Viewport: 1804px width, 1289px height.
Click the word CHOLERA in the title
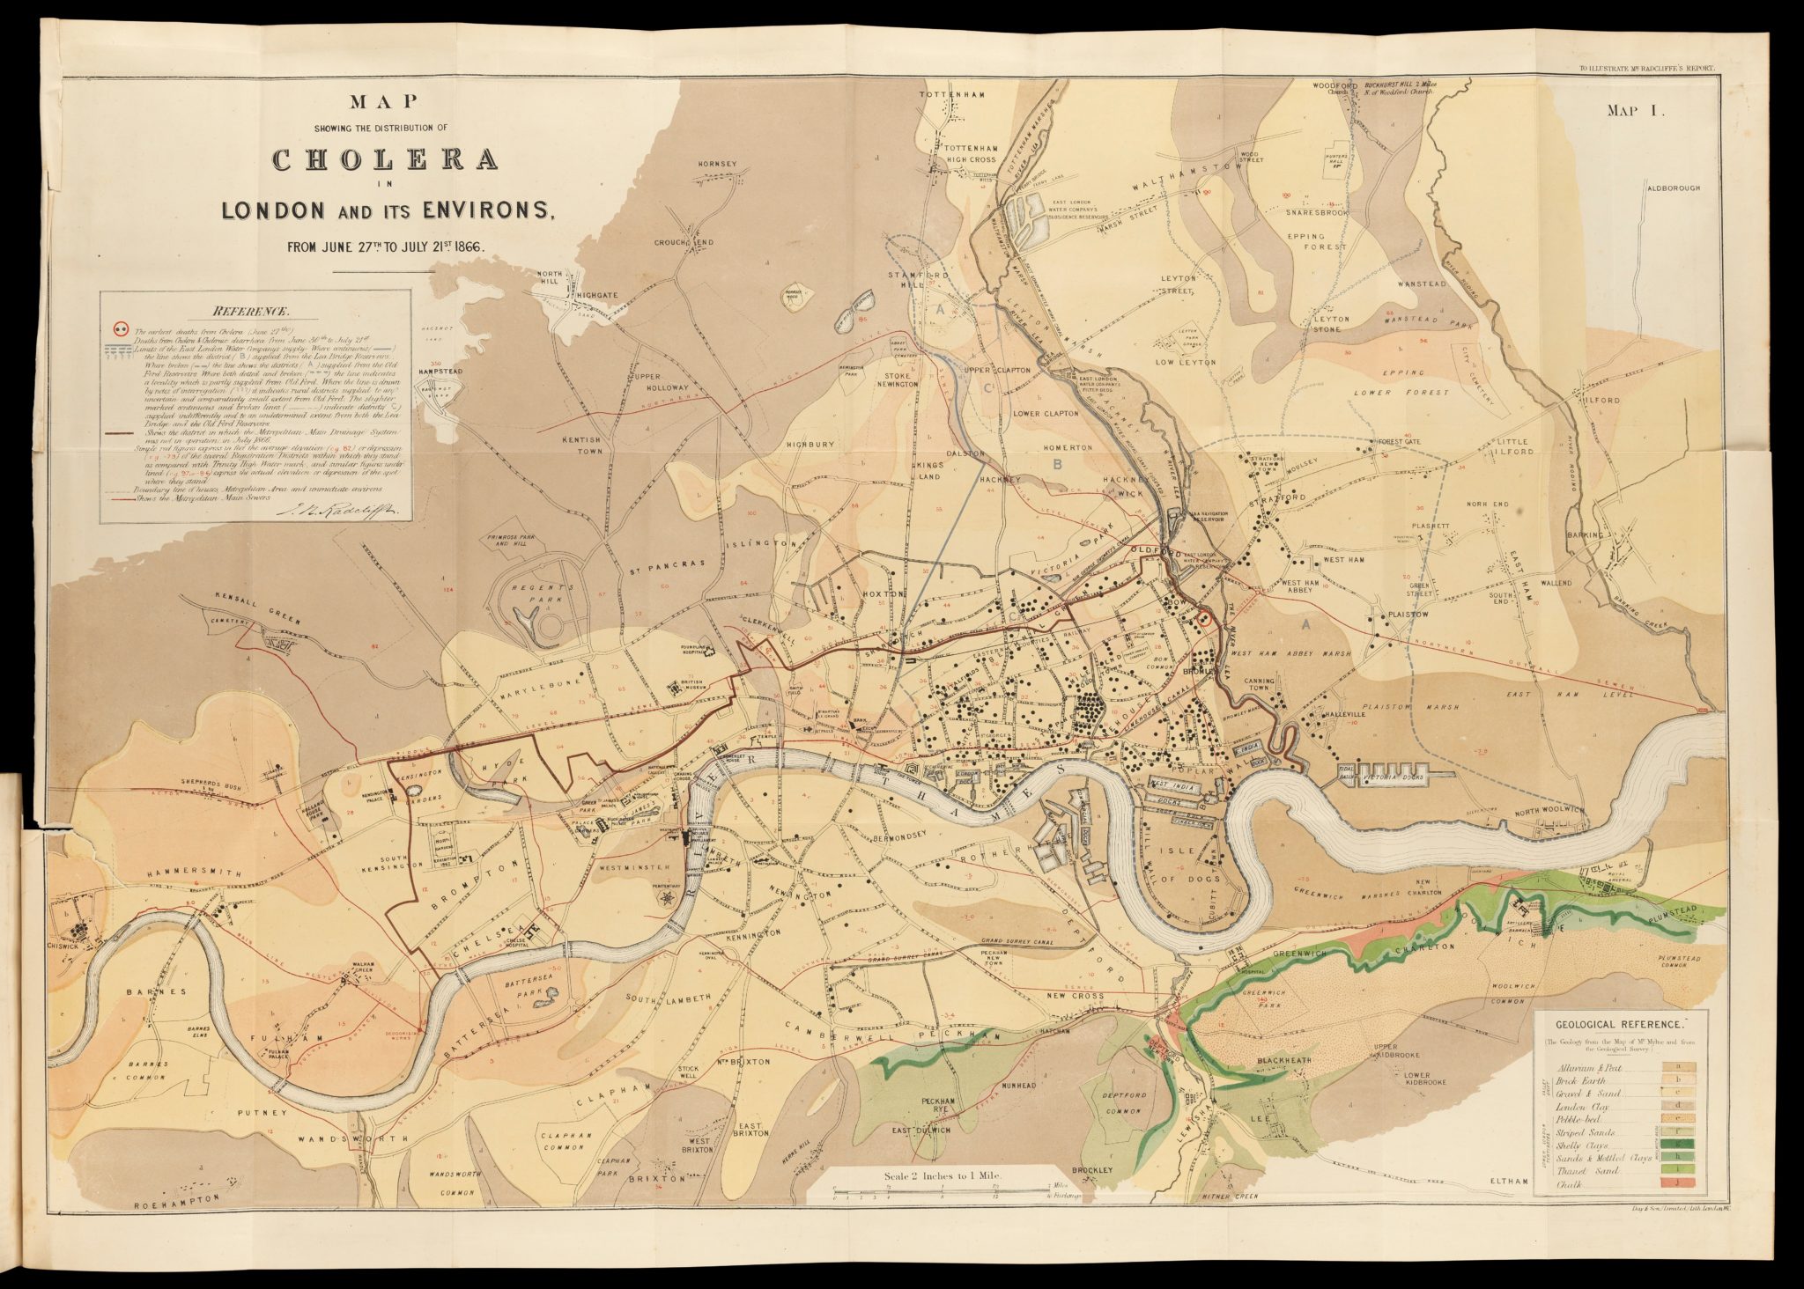386,160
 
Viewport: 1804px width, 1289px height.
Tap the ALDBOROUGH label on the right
1673,188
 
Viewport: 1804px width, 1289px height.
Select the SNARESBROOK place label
1317,212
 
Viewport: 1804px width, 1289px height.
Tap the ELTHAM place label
1508,1180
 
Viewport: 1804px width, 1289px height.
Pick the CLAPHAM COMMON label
565,1141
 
